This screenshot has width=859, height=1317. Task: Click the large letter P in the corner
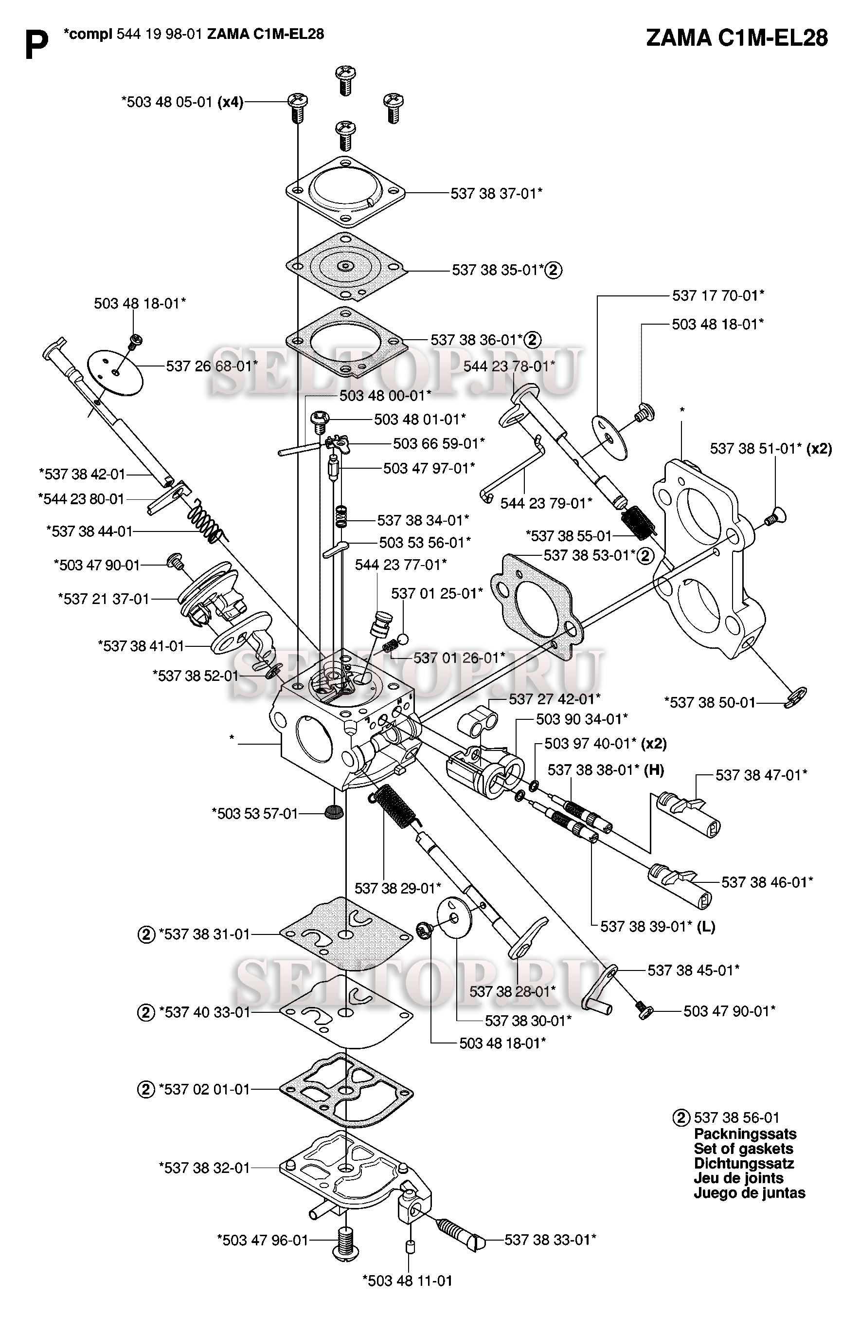pos(36,44)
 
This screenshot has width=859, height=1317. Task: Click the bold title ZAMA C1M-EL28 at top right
pos(736,38)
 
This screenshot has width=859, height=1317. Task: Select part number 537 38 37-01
pos(496,193)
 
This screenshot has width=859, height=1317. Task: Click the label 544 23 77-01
pos(400,565)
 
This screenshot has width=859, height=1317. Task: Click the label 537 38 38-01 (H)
pos(605,770)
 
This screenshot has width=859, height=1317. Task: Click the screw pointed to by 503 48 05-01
pos(297,108)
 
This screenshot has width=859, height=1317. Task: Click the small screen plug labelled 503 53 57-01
pos(332,812)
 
